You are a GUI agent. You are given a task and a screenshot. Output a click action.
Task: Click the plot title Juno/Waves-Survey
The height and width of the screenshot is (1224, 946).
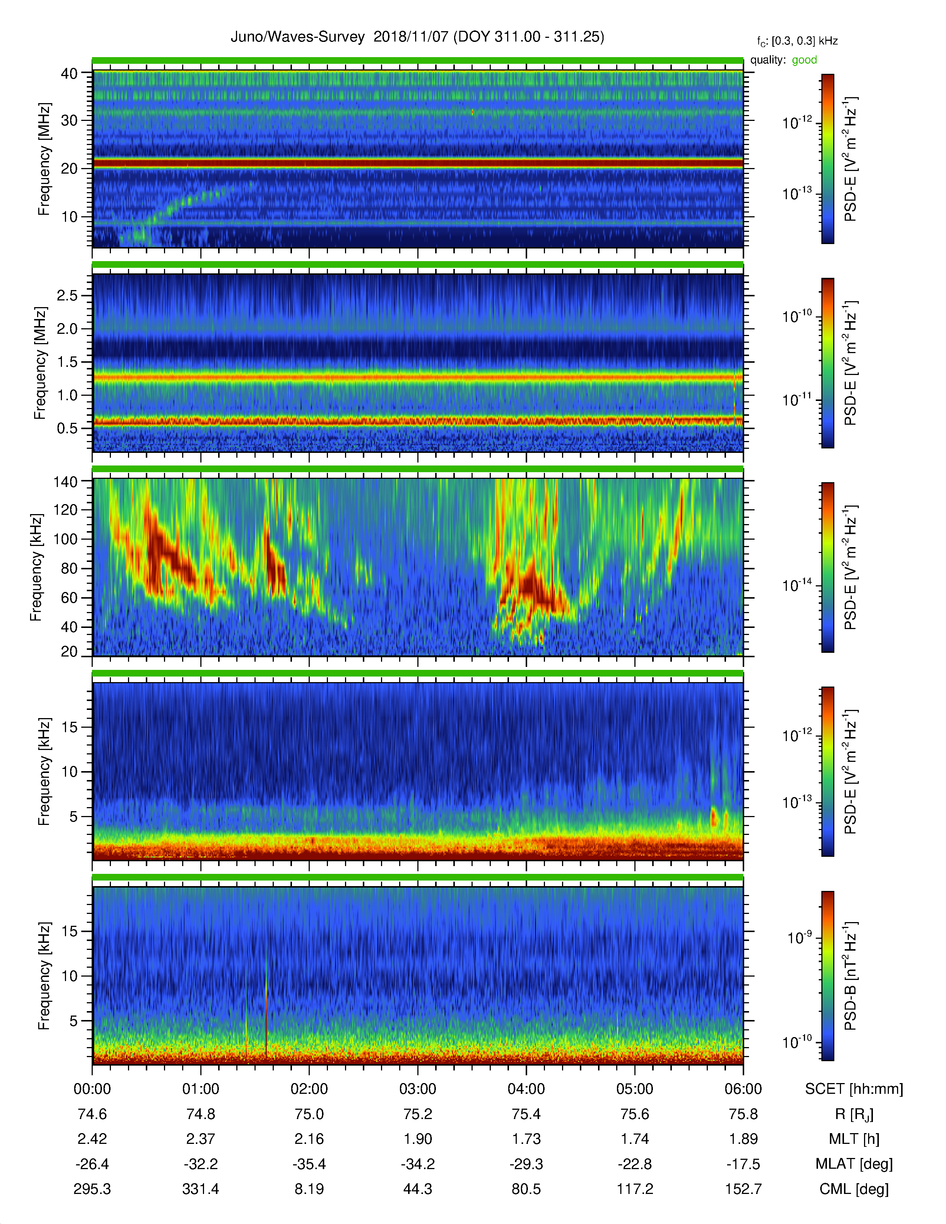click(298, 37)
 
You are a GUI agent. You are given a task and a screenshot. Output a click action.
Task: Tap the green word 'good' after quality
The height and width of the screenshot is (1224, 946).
click(804, 60)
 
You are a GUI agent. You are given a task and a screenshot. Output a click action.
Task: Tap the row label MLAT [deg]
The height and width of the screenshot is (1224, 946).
click(854, 1164)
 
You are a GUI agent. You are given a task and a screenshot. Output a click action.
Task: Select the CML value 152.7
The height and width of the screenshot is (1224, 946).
click(743, 1189)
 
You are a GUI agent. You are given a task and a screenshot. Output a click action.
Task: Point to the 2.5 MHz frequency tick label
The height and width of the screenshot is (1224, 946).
click(67, 295)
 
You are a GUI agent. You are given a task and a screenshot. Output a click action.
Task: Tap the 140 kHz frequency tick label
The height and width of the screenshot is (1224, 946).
click(66, 481)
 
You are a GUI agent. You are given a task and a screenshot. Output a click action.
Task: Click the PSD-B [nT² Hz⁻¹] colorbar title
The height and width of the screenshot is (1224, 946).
click(850, 976)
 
